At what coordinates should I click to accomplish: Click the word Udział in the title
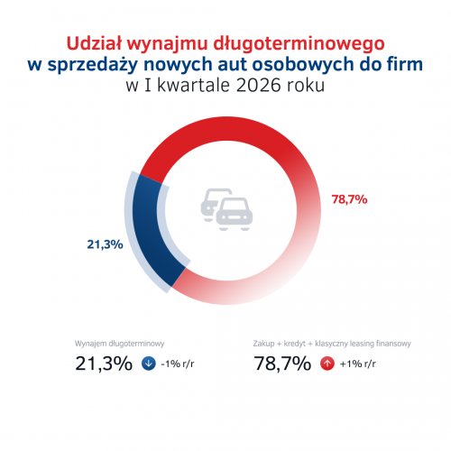tap(94, 43)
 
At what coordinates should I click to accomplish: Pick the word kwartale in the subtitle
tap(193, 85)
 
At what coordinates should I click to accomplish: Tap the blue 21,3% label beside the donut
tap(105, 244)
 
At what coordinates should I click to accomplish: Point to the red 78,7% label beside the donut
tap(349, 199)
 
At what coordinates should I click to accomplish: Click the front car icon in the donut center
tap(235, 214)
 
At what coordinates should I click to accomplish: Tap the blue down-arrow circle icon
tap(149, 364)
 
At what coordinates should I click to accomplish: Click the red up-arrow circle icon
tap(327, 364)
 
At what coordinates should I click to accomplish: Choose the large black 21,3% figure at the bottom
tap(104, 364)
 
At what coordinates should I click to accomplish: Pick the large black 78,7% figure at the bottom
tap(282, 364)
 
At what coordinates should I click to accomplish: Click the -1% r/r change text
tap(178, 364)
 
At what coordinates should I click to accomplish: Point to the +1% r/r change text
tap(358, 364)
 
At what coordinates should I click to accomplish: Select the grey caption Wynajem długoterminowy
tap(119, 344)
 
